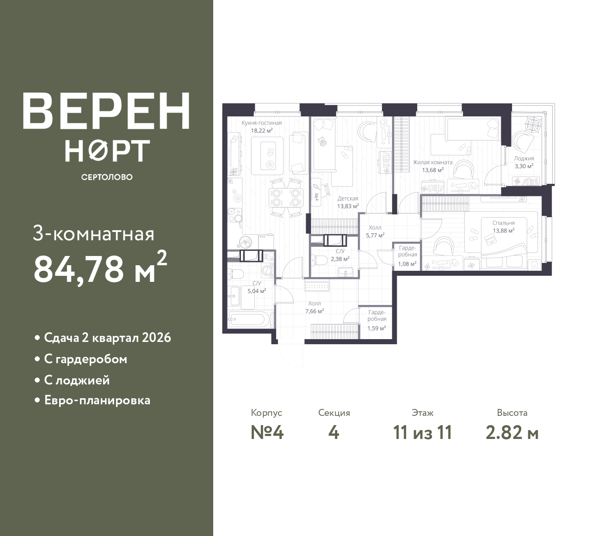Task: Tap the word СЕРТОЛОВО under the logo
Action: (106, 177)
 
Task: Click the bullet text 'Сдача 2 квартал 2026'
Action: (107, 338)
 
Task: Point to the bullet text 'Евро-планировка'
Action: (97, 400)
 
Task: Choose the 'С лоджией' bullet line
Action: (77, 380)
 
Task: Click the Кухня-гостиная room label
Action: (261, 123)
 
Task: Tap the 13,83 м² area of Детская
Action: (348, 206)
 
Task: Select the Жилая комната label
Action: (432, 162)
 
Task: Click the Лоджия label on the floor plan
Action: (524, 158)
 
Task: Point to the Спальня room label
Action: (503, 223)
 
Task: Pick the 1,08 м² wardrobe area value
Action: (407, 264)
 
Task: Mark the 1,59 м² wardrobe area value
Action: (376, 328)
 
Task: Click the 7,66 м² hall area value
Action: (314, 311)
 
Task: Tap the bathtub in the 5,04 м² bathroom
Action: (247, 320)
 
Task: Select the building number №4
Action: (267, 432)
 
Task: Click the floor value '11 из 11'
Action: (422, 432)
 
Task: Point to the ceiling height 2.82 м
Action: (512, 432)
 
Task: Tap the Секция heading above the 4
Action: (334, 413)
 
